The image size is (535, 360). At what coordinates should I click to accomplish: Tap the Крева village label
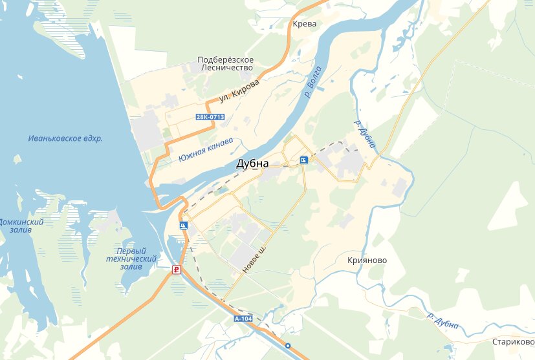point(304,23)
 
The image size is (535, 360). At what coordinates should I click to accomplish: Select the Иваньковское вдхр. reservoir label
point(66,138)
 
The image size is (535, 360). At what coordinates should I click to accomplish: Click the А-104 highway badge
point(243,319)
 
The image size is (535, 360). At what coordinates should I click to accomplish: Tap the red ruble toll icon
point(175,270)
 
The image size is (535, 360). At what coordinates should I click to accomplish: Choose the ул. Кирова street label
point(239,91)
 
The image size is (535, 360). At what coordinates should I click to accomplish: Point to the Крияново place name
point(367,260)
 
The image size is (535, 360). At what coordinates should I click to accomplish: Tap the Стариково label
point(512,341)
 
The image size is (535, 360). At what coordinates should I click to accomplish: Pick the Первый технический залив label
point(131,259)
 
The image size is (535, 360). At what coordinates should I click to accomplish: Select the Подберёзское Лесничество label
point(226,63)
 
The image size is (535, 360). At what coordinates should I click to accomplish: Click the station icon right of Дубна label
point(303,160)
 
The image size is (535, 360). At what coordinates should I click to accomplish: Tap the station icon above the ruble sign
point(183,226)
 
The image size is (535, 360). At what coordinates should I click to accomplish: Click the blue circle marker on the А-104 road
point(288,345)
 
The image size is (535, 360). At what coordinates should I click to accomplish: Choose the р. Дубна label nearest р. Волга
point(364,133)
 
